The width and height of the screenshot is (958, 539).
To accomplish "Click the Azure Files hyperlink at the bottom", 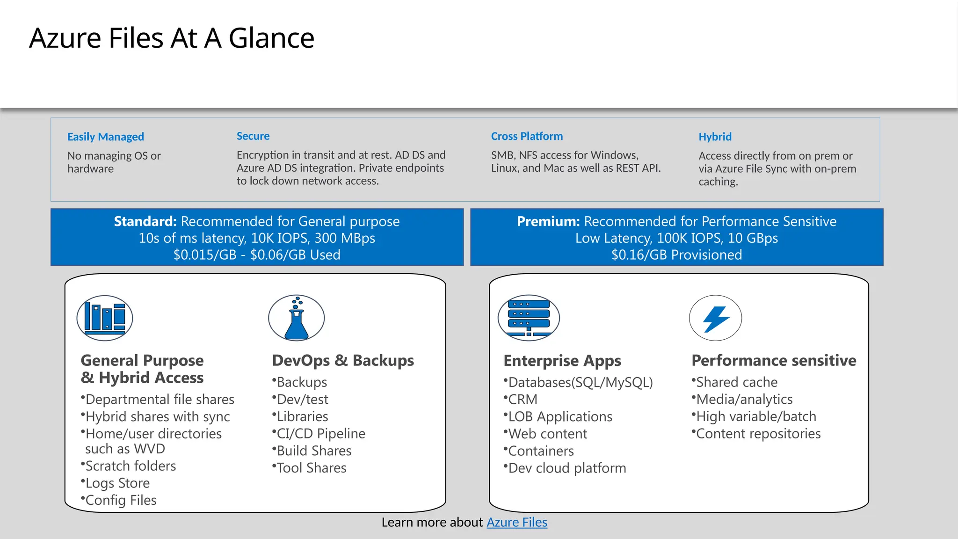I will coord(516,522).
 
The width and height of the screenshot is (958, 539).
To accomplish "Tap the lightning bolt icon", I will coord(715,318).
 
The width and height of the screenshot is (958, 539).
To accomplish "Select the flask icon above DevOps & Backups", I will coord(296,318).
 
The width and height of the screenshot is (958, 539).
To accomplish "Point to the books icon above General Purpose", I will coord(105,318).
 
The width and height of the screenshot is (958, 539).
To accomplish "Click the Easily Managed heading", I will coord(105,137).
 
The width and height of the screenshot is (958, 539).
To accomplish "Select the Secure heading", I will coord(253,136).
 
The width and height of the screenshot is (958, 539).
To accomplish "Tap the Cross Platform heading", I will coord(527,136).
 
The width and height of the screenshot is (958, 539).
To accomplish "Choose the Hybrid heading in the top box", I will coord(715,137).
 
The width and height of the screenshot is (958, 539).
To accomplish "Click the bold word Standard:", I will coord(145,221).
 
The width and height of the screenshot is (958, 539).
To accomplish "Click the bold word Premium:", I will coord(548,221).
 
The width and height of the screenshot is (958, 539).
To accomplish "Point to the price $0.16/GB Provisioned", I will coord(676,255).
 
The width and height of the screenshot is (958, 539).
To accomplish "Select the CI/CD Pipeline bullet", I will coord(320,434).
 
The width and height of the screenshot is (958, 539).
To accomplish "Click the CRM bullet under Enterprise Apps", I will coord(523,400).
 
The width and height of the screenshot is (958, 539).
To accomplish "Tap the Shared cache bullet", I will coord(736,382).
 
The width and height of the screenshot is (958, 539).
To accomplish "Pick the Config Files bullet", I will coord(121,500).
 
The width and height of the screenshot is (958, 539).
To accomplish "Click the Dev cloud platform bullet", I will coord(566,468).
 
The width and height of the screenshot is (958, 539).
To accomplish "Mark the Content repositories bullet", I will coord(758,434).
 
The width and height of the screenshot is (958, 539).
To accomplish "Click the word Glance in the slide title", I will coord(271,38).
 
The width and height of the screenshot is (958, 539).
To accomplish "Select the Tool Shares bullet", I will coord(311,468).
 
